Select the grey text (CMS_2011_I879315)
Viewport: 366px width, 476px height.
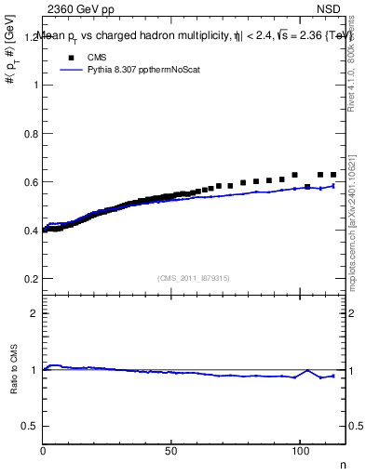193,277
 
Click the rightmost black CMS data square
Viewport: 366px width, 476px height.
333,175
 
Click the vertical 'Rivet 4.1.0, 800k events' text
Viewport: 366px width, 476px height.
357,60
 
